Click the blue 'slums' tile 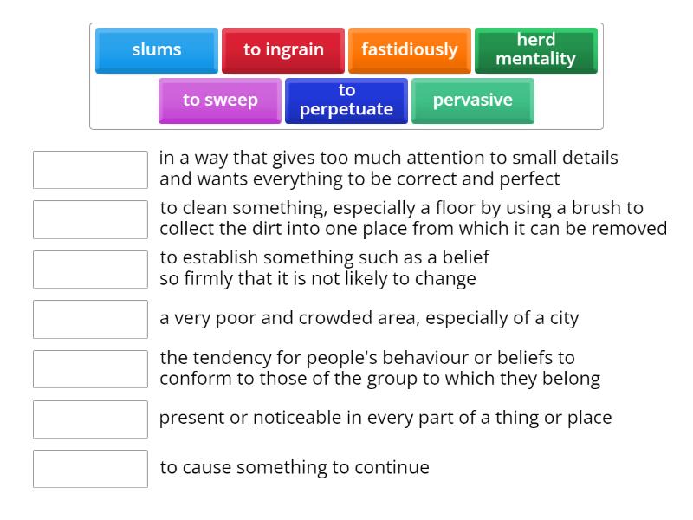157,50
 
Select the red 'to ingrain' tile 283,50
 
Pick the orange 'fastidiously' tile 410,50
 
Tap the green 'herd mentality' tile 536,50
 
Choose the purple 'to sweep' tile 220,101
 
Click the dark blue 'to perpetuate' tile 346,101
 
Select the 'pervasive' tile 473,101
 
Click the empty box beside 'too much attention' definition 90,170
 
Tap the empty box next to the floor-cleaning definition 90,220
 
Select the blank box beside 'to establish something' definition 90,270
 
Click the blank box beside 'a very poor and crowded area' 90,319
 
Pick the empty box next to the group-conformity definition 90,369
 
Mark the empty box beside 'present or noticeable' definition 90,419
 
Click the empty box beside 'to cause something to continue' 90,469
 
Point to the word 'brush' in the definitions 592,208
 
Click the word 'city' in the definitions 564,319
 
